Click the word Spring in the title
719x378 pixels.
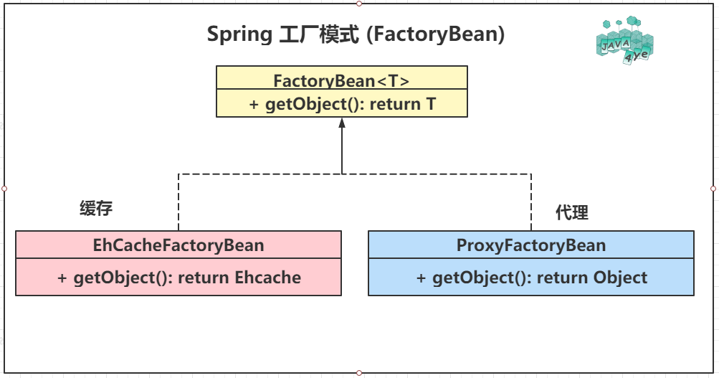(238, 34)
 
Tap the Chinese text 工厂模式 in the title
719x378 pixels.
(318, 34)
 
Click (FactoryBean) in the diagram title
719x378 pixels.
(435, 34)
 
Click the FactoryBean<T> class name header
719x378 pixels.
(341, 80)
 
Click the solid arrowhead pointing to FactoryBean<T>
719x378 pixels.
(342, 123)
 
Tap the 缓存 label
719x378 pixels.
(96, 209)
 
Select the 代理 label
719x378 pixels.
(571, 212)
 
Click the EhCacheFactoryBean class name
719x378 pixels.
(178, 245)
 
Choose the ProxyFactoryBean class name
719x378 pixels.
(531, 245)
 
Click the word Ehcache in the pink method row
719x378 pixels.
(268, 278)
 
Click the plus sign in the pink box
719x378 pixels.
(63, 278)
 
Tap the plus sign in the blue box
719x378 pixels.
(422, 278)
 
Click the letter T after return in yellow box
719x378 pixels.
(431, 104)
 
